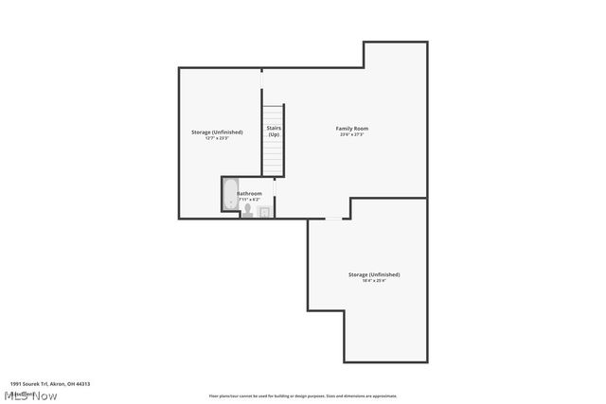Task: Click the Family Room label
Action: click(x=352, y=128)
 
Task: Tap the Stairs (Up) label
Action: click(x=273, y=131)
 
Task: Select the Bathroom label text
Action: click(x=249, y=193)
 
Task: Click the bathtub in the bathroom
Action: click(x=230, y=198)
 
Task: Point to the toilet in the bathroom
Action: click(x=247, y=212)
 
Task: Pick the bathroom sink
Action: click(x=265, y=211)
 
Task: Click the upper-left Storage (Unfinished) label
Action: click(x=217, y=132)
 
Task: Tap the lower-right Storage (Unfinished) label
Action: click(x=374, y=274)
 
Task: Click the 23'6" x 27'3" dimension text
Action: click(x=352, y=134)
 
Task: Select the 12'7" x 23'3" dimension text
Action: click(x=217, y=138)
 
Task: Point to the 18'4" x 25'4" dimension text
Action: click(x=374, y=280)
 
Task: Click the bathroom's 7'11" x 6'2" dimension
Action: click(x=250, y=200)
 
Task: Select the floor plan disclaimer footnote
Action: click(x=303, y=396)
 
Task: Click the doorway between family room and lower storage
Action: click(x=333, y=219)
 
